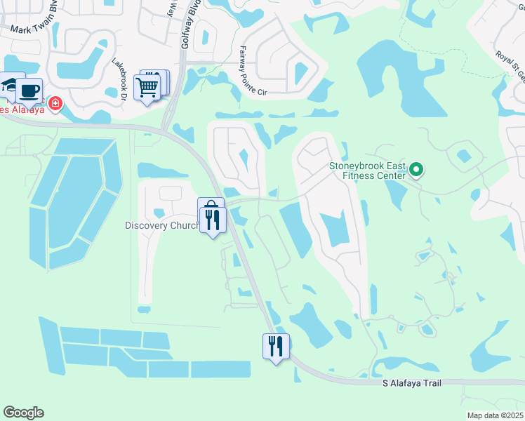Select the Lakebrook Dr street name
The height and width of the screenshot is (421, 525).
pyautogui.click(x=118, y=78)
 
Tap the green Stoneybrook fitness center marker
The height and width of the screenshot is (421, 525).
pyautogui.click(x=416, y=169)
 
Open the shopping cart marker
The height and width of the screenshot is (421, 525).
pyautogui.click(x=147, y=88)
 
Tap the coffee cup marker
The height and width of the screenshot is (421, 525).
pyautogui.click(x=29, y=91)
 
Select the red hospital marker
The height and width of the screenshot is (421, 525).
pyautogui.click(x=55, y=105)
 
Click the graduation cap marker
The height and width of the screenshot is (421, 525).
pyautogui.click(x=8, y=85)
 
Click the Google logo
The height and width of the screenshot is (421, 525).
pyautogui.click(x=23, y=413)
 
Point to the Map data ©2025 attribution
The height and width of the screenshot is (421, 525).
pyautogui.click(x=494, y=415)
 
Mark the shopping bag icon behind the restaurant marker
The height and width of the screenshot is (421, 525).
pyautogui.click(x=211, y=204)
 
